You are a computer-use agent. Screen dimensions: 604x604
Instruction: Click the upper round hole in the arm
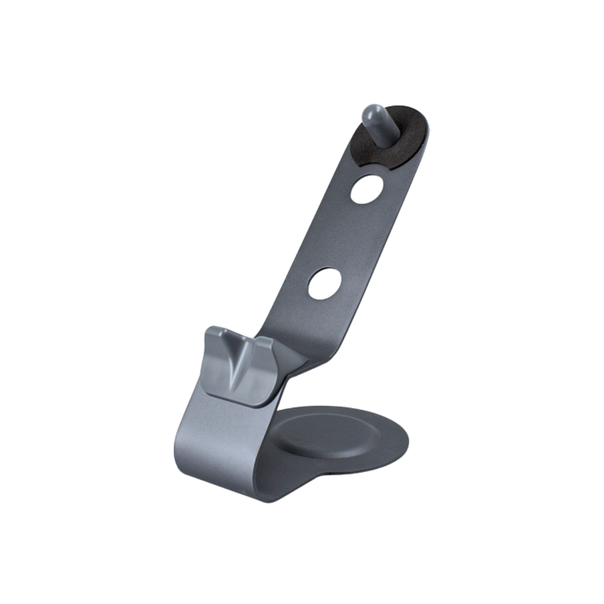pos(367,189)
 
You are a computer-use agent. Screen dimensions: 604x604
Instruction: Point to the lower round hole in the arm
pos(325,282)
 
